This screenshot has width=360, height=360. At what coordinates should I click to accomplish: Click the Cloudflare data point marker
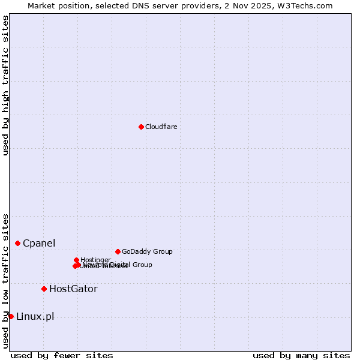[x=141, y=127]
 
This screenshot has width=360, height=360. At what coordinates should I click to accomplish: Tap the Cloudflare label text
[x=161, y=127]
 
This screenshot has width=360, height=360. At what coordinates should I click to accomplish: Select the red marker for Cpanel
[x=18, y=243]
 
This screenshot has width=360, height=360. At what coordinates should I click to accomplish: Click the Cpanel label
[x=39, y=243]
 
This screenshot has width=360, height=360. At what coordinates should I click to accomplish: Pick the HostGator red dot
[x=44, y=289]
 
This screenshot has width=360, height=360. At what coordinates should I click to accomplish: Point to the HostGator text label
[x=73, y=289]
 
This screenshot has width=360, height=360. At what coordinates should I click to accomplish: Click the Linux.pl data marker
[x=11, y=316]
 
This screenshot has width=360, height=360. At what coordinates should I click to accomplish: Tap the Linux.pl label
[x=35, y=316]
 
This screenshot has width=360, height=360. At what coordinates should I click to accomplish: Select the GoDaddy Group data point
[x=118, y=251]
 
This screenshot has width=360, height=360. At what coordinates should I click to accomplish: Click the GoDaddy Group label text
[x=147, y=251]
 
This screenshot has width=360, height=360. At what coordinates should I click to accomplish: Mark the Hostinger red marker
[x=76, y=260]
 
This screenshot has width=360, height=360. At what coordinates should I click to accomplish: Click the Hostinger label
[x=95, y=260]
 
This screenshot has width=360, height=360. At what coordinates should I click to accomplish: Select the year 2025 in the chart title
[x=273, y=5]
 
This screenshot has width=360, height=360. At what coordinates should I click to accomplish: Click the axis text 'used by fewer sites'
[x=62, y=355]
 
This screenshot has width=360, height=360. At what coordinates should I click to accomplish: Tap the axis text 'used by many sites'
[x=301, y=355]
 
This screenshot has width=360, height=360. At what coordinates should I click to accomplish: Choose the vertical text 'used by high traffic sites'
[x=5, y=85]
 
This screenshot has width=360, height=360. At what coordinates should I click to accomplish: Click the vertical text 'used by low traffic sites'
[x=5, y=281]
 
